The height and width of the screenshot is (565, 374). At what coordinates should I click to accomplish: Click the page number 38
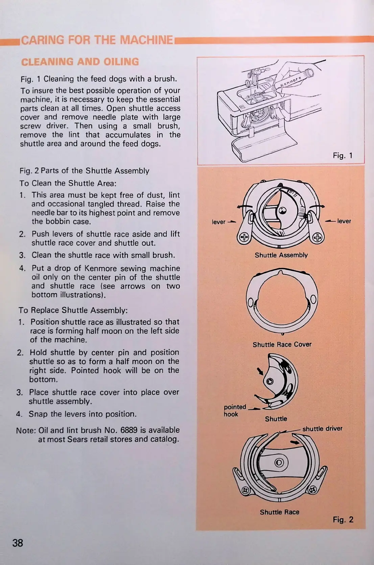coord(18,543)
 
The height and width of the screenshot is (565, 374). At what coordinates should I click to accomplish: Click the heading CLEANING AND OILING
coord(80,62)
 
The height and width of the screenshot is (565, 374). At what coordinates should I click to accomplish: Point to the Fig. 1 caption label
coord(343,156)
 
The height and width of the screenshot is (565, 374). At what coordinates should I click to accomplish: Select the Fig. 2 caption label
coord(343,520)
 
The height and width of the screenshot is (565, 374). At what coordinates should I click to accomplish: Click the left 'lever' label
coord(218,222)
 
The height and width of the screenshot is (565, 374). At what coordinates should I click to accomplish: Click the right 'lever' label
coord(344,221)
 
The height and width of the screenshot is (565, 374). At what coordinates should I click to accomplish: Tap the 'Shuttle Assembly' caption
coord(281,255)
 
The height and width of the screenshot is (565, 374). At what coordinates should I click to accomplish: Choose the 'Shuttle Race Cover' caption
coord(282,345)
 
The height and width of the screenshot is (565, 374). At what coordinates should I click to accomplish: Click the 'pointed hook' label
coord(235,410)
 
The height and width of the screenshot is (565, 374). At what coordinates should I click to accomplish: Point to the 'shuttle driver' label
coord(322,429)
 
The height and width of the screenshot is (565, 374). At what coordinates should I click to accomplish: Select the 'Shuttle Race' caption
coord(279,512)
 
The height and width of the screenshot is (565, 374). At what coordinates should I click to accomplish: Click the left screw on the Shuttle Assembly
coord(244,238)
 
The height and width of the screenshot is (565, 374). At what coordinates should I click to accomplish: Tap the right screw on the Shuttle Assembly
coord(317,238)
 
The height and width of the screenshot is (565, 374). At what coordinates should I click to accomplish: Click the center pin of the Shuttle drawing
coord(270,381)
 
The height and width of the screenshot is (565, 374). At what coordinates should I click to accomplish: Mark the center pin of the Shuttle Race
coord(279,462)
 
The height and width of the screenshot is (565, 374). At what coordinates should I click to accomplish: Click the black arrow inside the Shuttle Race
coord(295,442)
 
